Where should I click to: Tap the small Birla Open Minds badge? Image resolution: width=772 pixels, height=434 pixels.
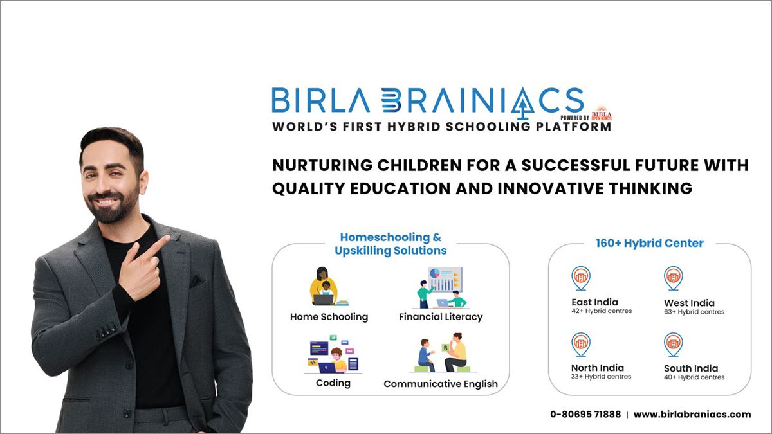(602, 113)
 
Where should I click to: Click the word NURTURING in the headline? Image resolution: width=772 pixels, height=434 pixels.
(323, 165)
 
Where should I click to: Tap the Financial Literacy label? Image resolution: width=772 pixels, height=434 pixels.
(440, 317)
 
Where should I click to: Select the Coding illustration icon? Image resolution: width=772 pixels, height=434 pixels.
(333, 354)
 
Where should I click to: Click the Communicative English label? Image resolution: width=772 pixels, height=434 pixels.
(440, 384)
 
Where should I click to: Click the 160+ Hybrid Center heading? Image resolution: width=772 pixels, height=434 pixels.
(650, 243)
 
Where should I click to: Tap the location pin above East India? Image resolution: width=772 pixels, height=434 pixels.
(580, 278)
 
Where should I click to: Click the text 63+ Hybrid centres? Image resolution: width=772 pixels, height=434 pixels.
(694, 312)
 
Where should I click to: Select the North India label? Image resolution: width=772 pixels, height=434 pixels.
(597, 368)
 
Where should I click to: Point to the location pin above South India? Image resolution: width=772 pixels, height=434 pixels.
(673, 344)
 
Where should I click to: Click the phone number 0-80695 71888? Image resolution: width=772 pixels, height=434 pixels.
(585, 415)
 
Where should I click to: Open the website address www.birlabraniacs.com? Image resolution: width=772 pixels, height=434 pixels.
(692, 415)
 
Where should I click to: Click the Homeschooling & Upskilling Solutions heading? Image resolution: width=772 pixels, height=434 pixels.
(391, 244)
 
